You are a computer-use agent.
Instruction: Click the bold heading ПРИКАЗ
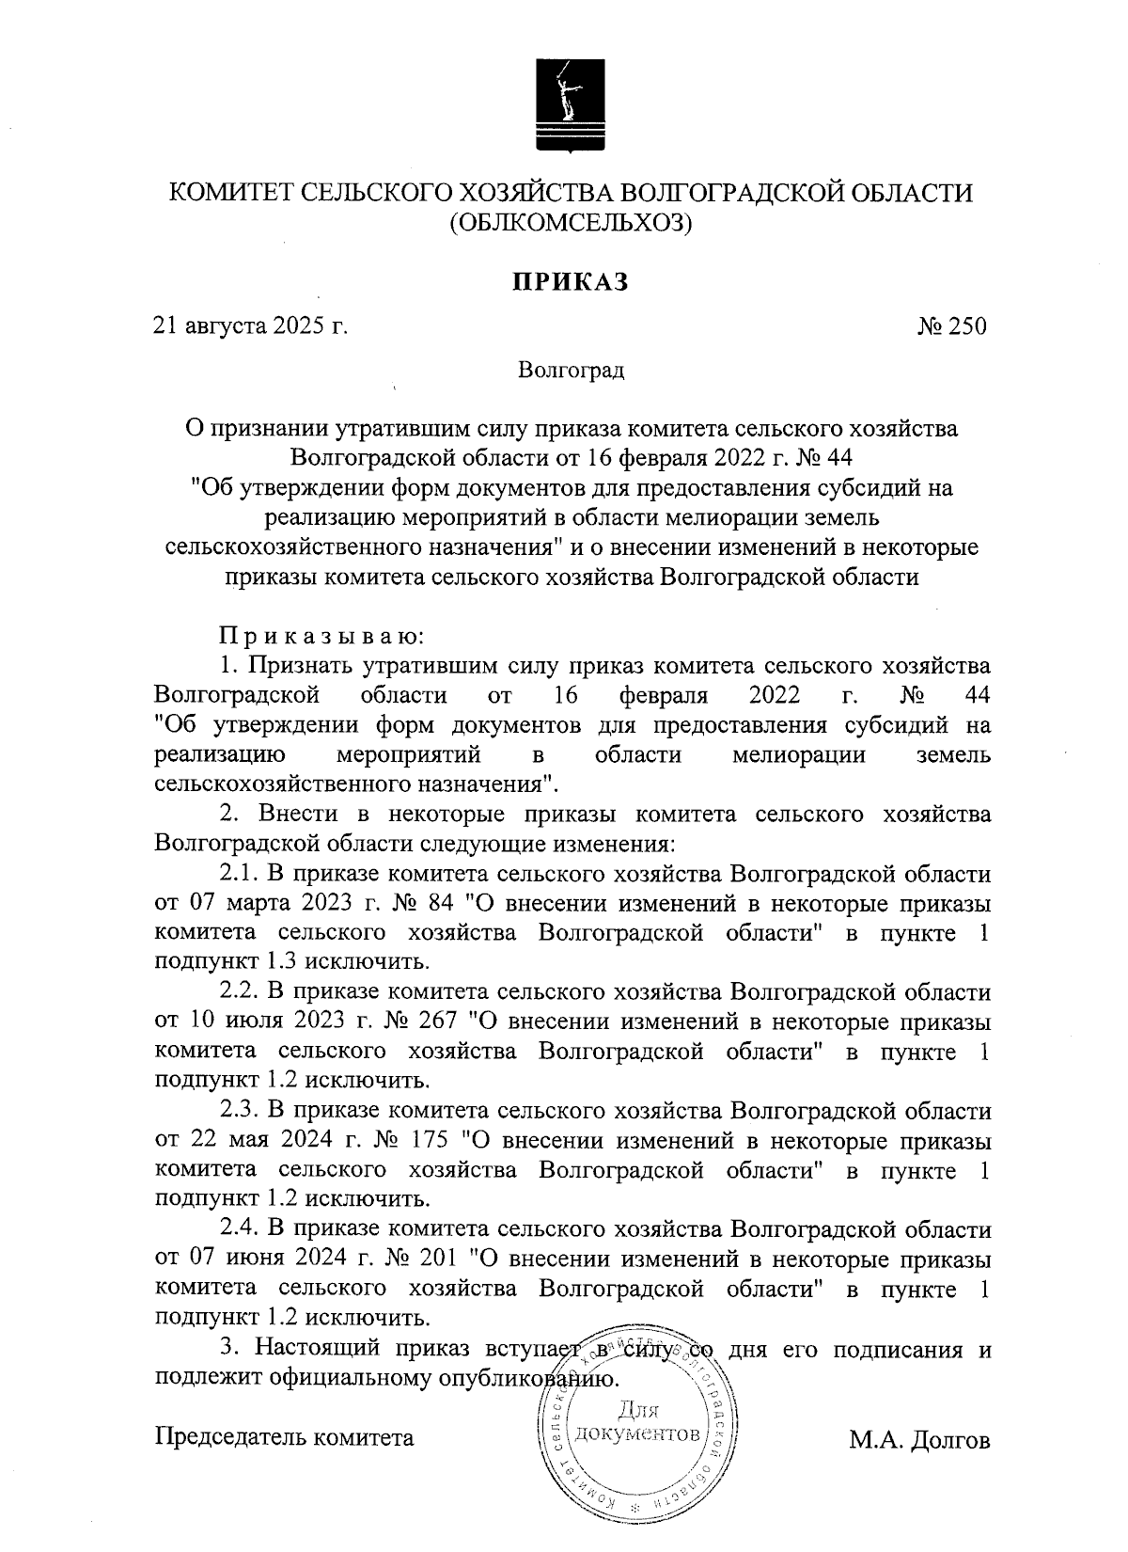click(x=569, y=281)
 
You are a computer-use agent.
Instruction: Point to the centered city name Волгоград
click(x=571, y=370)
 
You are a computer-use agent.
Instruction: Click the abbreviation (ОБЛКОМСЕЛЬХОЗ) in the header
click(x=570, y=223)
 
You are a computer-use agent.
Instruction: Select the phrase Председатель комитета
click(x=284, y=1438)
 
